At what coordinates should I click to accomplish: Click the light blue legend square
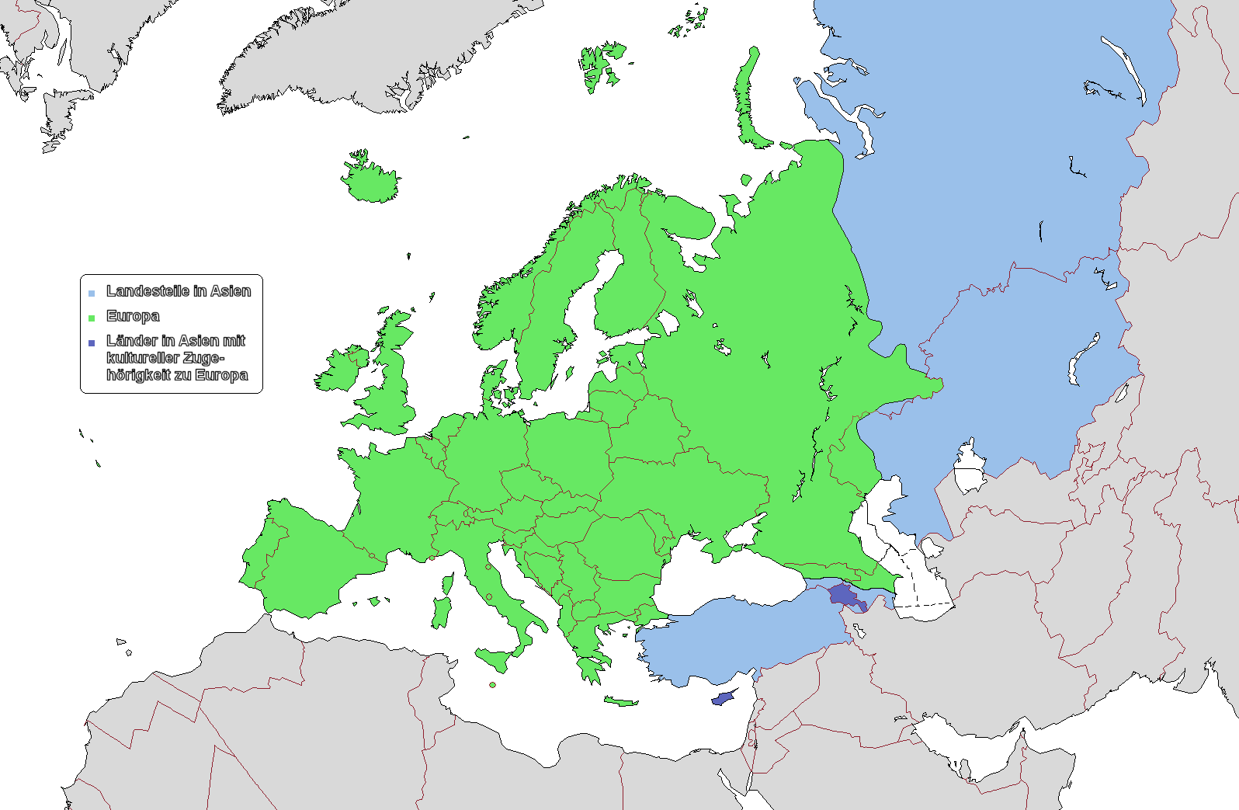92,293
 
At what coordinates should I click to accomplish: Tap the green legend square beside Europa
92,318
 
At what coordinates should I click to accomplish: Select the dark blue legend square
92,342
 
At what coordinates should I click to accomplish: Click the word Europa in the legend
133,316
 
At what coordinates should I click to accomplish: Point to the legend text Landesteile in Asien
179,291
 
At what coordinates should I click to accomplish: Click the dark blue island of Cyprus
723,698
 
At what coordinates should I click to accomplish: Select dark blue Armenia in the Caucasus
842,596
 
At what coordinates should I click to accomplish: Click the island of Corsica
447,584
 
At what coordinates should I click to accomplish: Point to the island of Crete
619,701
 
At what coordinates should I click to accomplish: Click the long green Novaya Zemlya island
747,101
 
